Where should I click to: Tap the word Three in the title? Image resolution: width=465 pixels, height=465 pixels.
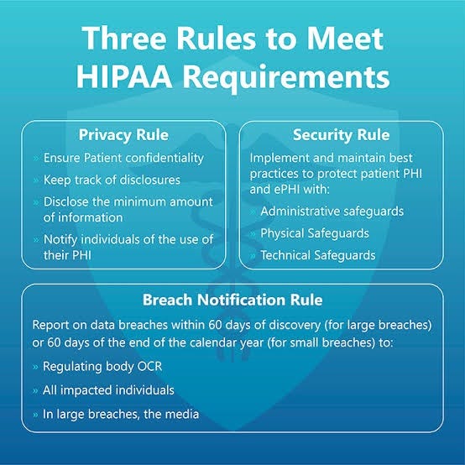[124, 39]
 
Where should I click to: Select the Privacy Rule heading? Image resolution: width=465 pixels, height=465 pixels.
[123, 135]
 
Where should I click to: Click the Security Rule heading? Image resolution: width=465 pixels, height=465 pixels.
[342, 135]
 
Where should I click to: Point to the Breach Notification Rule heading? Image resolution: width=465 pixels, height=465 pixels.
[232, 300]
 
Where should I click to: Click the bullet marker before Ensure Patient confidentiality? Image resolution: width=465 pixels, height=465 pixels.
[36, 159]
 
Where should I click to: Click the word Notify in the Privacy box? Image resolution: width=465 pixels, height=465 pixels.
[60, 239]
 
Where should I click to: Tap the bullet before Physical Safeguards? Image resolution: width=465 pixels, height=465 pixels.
[253, 233]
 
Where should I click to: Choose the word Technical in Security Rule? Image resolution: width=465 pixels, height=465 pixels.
[285, 255]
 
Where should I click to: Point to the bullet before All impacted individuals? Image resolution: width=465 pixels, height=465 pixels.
[35, 390]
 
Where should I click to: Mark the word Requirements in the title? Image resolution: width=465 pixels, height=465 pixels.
[286, 78]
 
